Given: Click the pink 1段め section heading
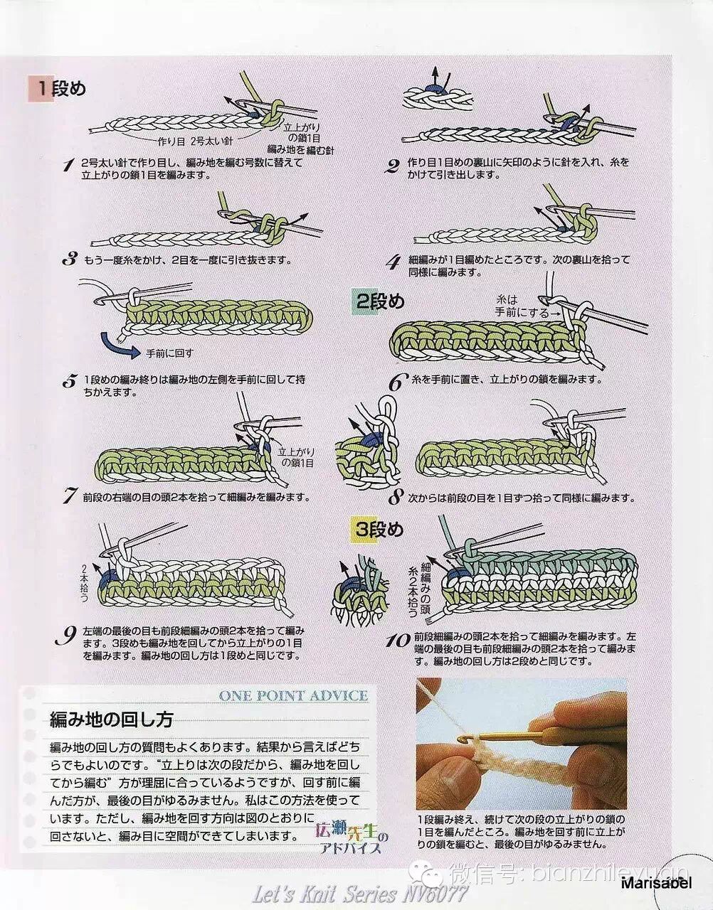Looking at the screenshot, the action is click(57, 89).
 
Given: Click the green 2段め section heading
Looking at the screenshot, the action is click(378, 301).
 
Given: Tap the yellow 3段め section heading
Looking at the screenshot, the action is click(377, 530).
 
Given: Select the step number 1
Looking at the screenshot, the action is click(68, 166).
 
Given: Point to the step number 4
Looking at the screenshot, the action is click(394, 264).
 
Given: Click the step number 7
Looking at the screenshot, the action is click(68, 497).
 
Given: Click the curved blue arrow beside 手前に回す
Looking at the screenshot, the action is click(119, 345).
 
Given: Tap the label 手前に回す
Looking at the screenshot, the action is click(169, 353).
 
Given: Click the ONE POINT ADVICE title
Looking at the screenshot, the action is click(293, 695).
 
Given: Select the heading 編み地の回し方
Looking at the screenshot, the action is click(112, 720).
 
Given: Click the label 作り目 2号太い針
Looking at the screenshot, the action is click(195, 141).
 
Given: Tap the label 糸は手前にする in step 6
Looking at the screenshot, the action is click(522, 306).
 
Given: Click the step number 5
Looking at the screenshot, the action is click(68, 382).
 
